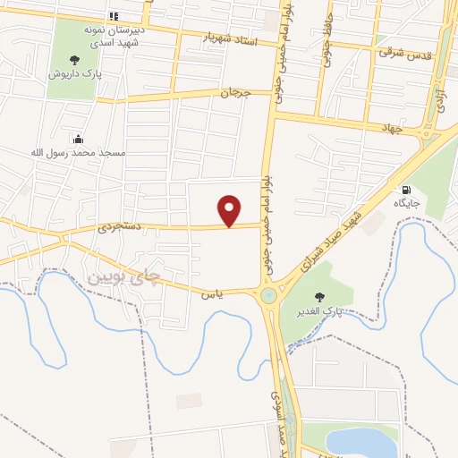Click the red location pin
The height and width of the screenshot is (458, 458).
(230, 211)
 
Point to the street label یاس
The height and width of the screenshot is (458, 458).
(210, 293)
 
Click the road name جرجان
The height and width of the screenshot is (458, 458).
(232, 92)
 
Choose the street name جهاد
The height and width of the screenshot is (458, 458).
(393, 129)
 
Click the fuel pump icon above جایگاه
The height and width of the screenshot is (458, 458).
(407, 190)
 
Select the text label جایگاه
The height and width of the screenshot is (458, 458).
(407, 204)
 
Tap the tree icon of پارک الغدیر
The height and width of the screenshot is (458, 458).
(318, 297)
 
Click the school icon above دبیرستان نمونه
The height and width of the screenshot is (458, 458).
(113, 16)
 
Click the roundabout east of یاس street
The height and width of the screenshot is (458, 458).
(268, 295)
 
